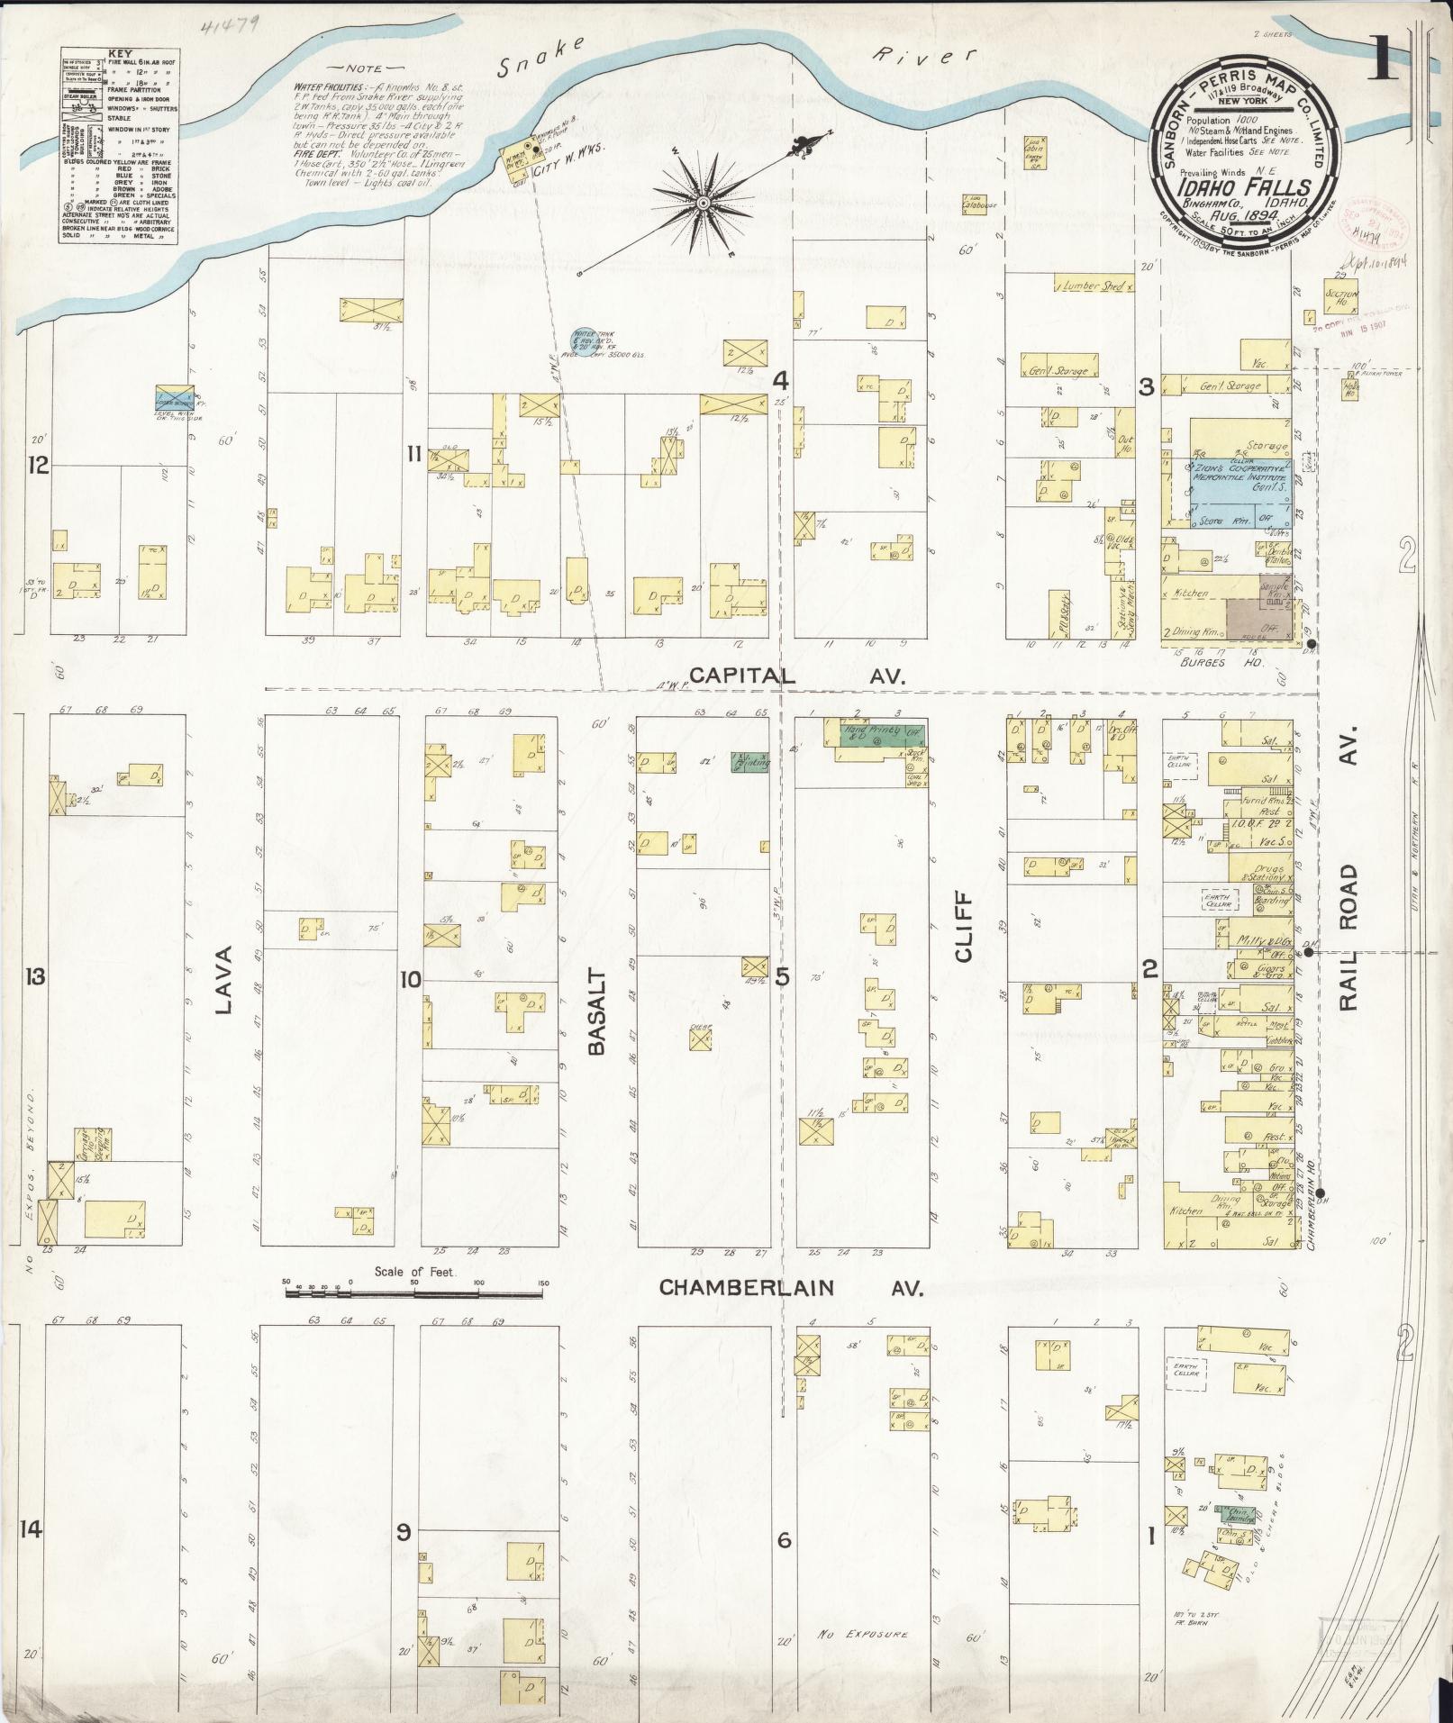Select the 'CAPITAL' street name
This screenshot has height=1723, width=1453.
[x=743, y=676]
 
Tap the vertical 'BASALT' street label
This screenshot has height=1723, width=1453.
[x=596, y=1012]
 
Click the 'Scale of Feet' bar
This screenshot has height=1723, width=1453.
[x=414, y=1292]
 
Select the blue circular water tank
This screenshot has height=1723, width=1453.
[x=584, y=340]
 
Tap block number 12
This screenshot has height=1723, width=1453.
[x=37, y=466]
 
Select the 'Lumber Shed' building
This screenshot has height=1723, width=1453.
[x=1094, y=286]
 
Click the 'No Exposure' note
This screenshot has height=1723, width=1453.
[x=863, y=1634]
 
